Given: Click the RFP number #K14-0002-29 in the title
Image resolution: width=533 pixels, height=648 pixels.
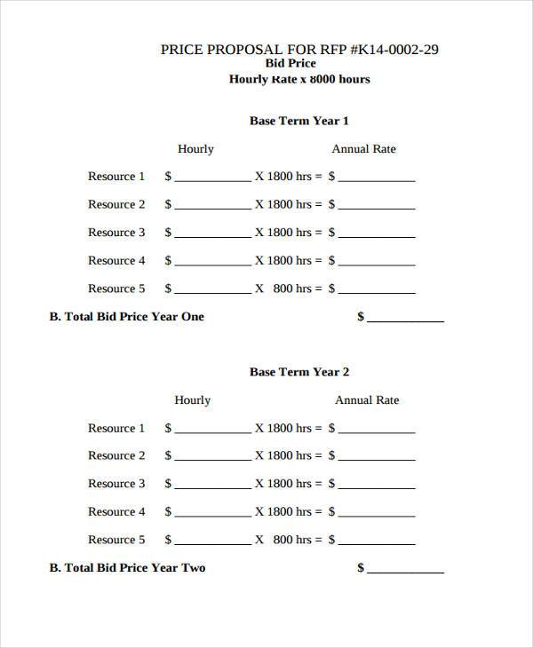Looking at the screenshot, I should point(395,50).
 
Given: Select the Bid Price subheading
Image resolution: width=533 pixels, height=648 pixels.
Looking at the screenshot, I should point(290,64).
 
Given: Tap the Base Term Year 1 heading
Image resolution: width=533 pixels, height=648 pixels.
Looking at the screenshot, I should point(299,121).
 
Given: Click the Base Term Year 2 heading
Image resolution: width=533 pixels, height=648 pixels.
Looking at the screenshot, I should point(299,372).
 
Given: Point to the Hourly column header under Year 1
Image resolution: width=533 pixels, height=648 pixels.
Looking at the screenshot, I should point(195,149).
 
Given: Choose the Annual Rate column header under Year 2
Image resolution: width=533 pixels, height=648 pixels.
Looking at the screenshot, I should point(367,400).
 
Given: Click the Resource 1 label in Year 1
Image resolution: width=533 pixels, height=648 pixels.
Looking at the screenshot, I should point(116,177).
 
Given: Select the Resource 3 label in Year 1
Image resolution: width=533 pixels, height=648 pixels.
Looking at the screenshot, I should point(116,233).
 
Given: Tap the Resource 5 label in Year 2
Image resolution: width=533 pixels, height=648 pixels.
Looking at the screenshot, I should point(116,540).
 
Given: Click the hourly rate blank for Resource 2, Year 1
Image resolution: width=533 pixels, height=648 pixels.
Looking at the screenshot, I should point(213,206).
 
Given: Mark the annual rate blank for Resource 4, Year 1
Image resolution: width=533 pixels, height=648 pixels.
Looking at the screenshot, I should point(377,262).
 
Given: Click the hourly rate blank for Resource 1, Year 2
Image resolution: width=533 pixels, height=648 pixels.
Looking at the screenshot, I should point(213,430).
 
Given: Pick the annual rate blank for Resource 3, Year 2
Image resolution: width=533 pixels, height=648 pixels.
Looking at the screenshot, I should point(377,486).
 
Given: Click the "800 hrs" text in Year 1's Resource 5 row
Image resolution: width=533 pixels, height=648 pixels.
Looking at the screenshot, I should point(292,288).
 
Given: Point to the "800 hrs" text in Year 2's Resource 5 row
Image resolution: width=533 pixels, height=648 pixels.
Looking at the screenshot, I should point(292,540).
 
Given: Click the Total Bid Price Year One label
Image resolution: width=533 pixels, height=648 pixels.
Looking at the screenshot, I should point(126,317).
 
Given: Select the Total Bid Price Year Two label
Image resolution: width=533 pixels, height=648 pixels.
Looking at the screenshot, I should point(126,568).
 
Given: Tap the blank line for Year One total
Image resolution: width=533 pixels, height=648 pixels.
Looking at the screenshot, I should point(405,319).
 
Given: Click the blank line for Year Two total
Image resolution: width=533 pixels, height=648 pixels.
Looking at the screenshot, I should point(405,570).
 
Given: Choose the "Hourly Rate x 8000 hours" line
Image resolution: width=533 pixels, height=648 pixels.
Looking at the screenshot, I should point(299,79).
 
